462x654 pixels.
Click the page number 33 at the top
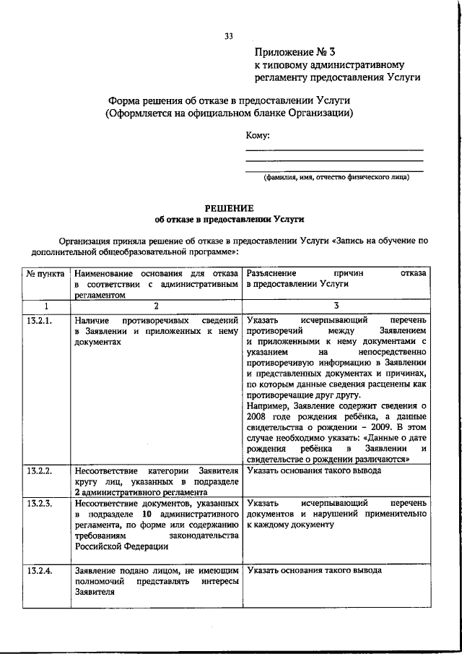point(229,36)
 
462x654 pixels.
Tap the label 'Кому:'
point(258,135)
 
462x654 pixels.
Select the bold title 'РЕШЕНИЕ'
point(230,207)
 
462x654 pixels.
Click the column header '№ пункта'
point(46,275)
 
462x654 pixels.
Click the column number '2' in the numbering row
point(155,306)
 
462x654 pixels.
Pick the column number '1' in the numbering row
point(46,306)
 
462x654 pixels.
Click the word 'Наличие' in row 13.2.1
point(93,319)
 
